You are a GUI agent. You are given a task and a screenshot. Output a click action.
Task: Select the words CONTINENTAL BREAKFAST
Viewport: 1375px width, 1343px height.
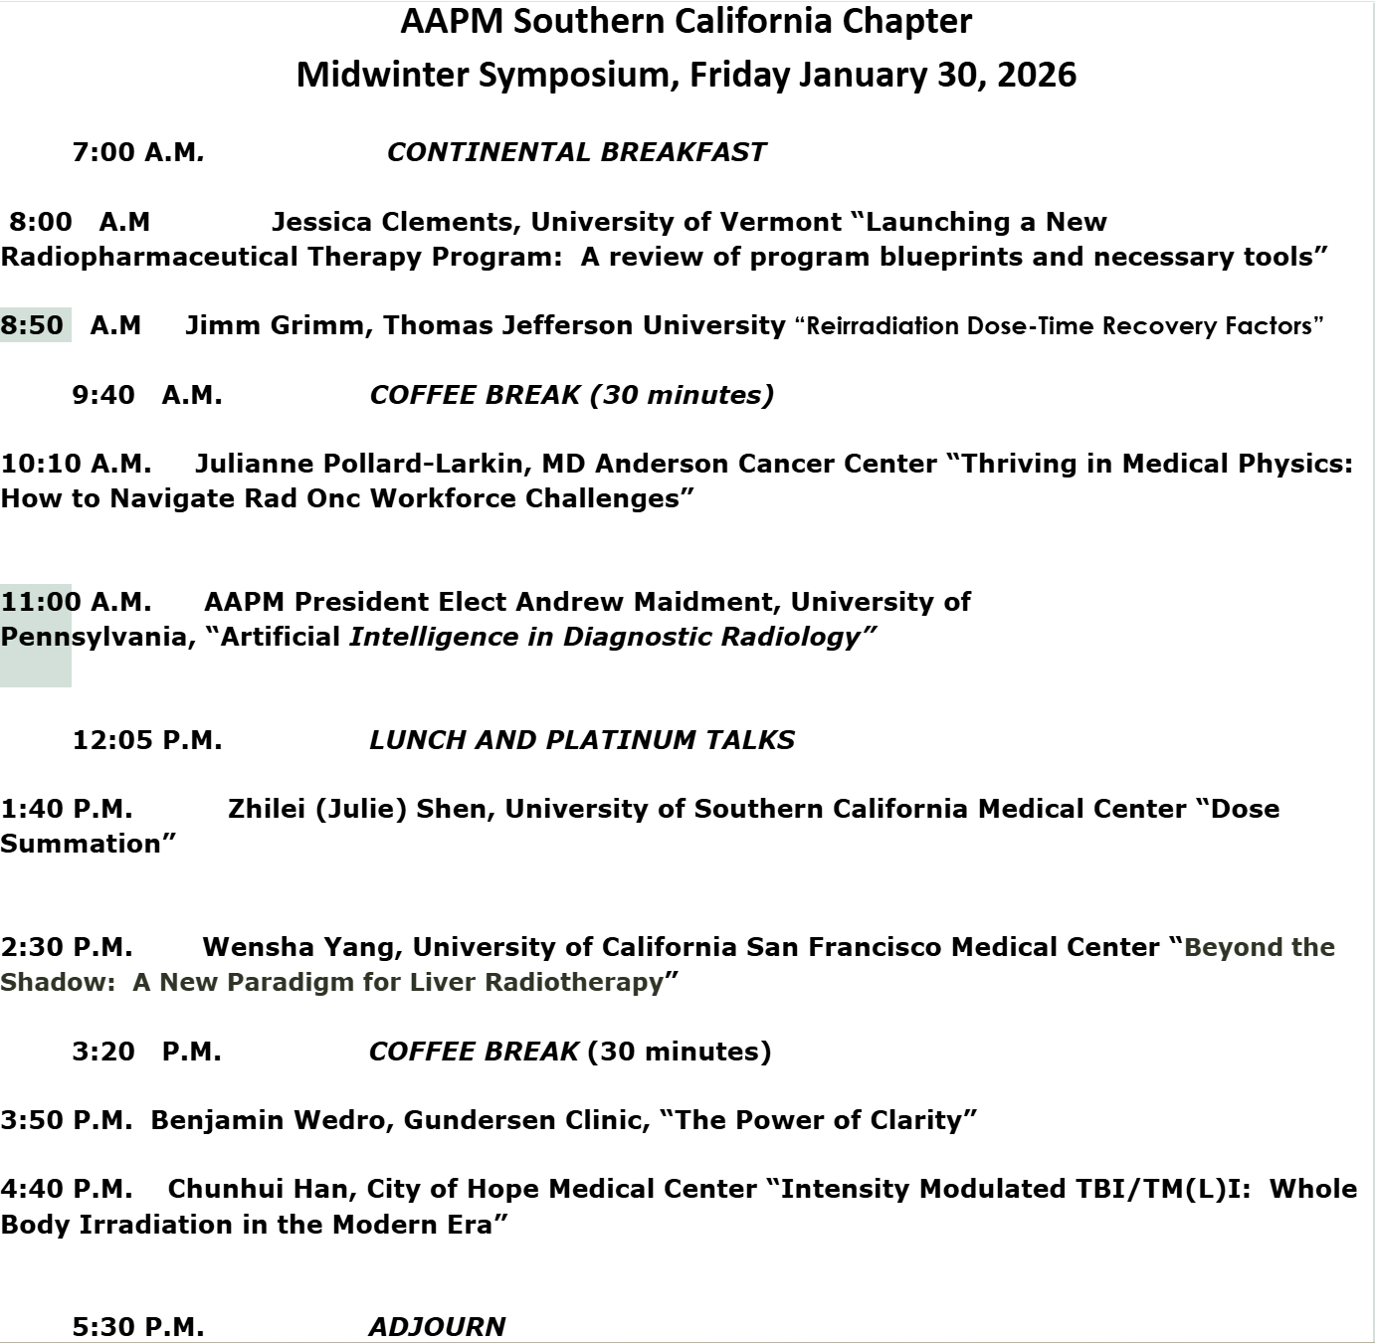point(576,152)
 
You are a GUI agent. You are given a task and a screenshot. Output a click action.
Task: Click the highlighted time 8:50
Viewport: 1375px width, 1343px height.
point(33,325)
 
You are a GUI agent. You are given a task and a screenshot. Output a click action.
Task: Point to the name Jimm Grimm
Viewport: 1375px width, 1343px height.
point(274,325)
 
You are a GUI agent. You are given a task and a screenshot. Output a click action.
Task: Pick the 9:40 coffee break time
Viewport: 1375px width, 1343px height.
point(146,395)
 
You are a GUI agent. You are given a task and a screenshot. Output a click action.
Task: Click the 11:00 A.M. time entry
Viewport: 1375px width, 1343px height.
point(76,602)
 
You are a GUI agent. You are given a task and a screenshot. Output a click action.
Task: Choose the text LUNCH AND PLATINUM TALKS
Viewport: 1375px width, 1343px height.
point(581,740)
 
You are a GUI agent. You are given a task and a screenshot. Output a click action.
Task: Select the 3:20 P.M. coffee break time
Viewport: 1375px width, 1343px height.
point(146,1052)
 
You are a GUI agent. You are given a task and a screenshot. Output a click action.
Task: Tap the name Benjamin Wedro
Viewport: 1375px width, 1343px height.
point(272,1120)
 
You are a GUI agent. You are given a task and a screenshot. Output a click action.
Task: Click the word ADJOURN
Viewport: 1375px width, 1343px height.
point(437,1326)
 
